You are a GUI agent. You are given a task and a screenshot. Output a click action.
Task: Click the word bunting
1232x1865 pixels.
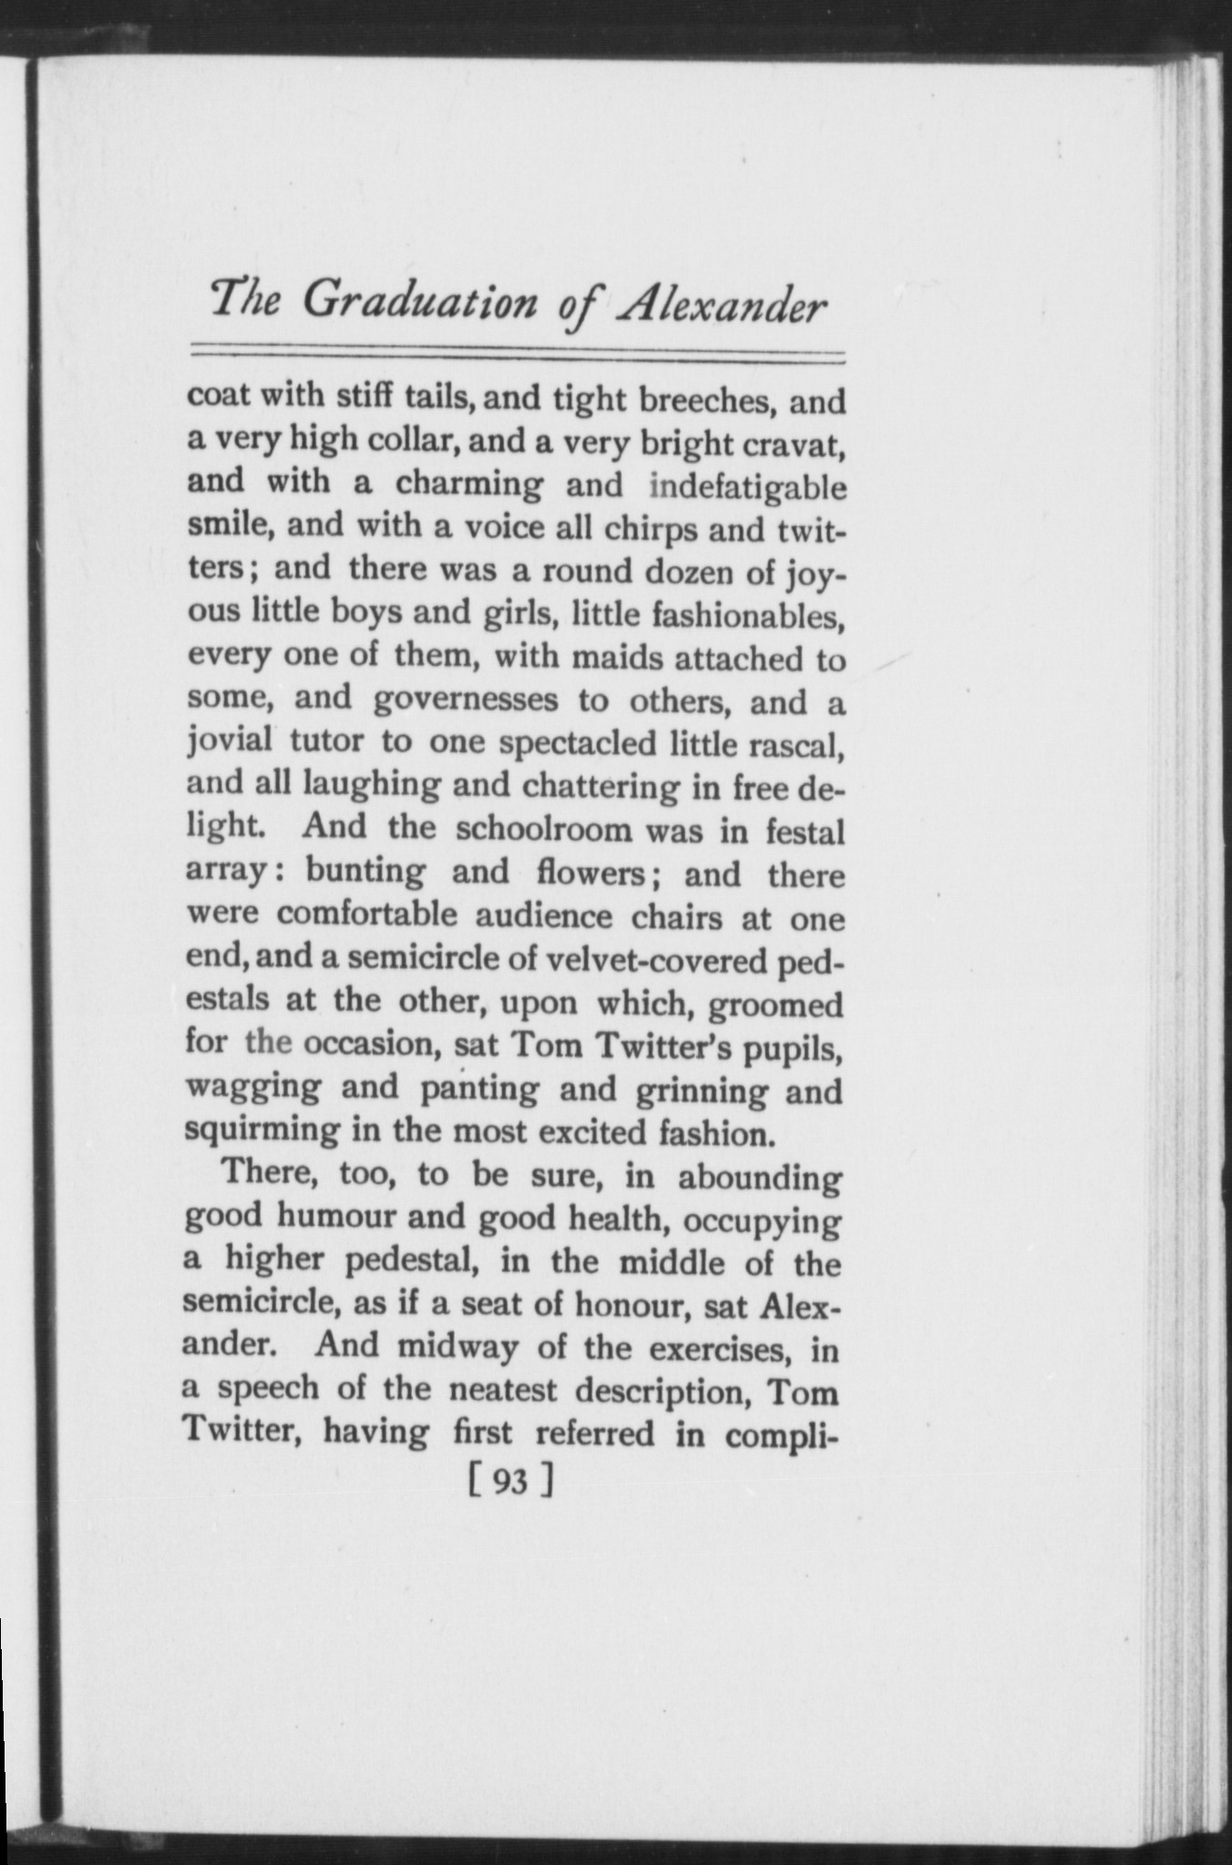click(365, 872)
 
